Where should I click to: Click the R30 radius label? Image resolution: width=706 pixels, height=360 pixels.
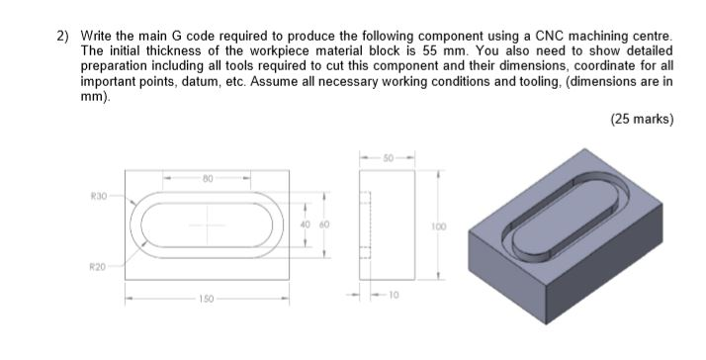coord(99,196)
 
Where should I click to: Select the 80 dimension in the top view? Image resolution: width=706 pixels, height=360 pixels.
coord(207,178)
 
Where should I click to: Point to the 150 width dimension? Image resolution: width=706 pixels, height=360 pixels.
coord(206,299)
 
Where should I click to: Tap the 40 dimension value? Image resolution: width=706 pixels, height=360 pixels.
coord(305,225)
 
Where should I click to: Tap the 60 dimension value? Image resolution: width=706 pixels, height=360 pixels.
coord(324,225)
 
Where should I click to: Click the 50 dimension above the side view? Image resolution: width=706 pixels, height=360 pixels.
coord(389,158)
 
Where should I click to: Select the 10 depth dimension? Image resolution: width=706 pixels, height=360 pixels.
coord(394,295)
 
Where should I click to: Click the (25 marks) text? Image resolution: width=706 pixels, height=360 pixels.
coord(642,119)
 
